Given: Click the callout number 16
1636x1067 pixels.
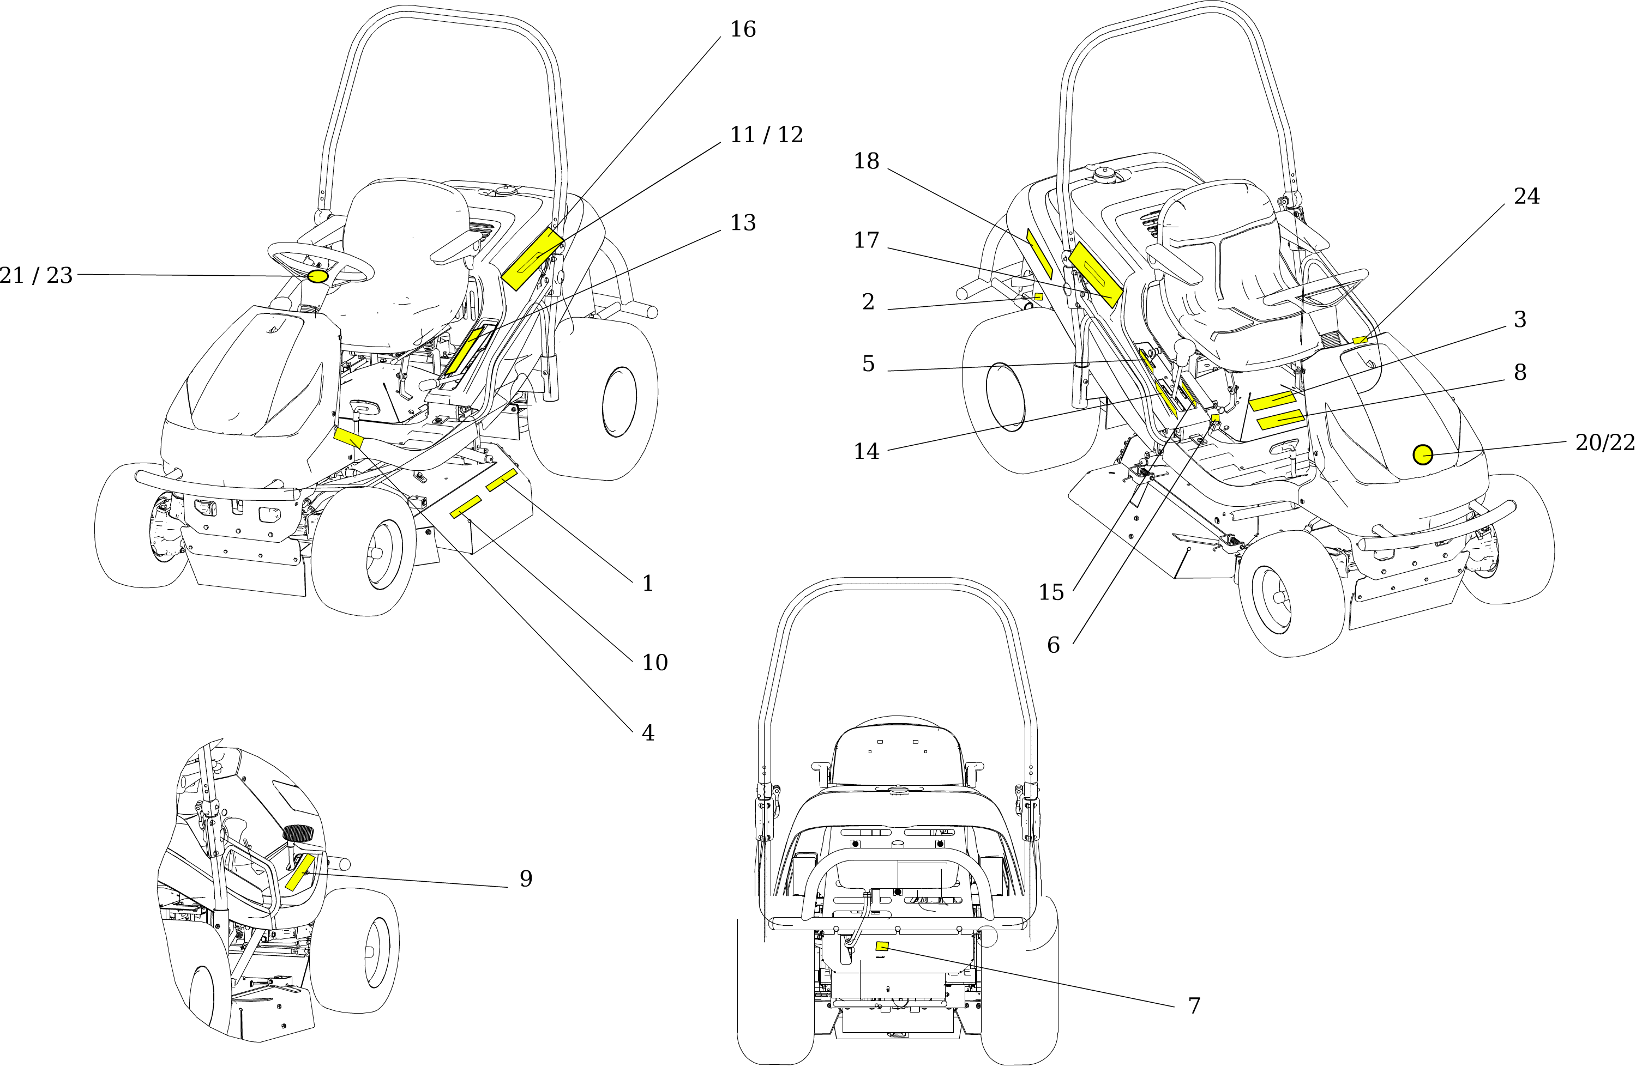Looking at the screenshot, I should (742, 29).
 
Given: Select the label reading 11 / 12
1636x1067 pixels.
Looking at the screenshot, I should (766, 135).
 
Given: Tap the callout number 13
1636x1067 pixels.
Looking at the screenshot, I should (742, 222).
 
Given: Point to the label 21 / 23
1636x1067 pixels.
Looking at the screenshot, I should (36, 276).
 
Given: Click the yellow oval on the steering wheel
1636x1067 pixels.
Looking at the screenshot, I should (317, 276).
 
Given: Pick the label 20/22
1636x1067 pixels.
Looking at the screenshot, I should (1604, 442).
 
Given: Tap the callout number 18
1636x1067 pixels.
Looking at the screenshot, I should (866, 161).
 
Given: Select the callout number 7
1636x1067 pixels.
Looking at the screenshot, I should (1194, 1006).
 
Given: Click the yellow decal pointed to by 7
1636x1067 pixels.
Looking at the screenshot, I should (882, 947).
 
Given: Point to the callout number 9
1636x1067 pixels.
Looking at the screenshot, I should (526, 879).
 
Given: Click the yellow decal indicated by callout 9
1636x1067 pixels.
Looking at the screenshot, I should (300, 872).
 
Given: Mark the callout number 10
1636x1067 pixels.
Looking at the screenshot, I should (654, 662).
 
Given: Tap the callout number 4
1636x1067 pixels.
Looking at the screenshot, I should (647, 733).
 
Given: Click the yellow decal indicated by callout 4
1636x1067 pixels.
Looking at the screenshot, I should (348, 437).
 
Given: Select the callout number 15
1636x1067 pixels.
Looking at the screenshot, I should (1051, 592).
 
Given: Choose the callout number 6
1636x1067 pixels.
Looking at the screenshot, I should (1053, 645).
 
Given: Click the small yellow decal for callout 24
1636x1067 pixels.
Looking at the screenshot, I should (1360, 339).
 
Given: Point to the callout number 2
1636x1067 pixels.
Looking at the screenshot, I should (868, 301).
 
